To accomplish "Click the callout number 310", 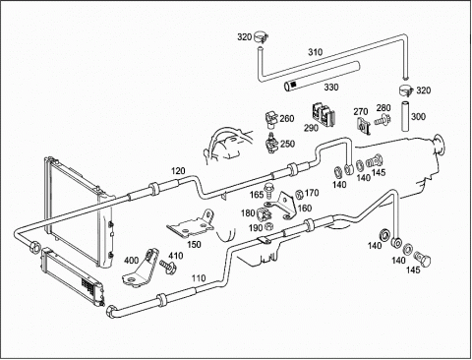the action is click(x=315, y=52).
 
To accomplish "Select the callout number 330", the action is click(x=331, y=88).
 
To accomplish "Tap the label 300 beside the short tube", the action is click(x=418, y=117).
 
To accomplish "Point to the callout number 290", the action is click(x=311, y=128).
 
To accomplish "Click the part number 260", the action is click(x=287, y=118).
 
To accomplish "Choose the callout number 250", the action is click(x=287, y=144).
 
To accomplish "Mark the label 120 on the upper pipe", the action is click(x=178, y=171).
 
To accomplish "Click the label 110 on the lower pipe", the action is click(x=199, y=278).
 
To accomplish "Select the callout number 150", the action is click(x=194, y=244).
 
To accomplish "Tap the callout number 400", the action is click(x=131, y=261).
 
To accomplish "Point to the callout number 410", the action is click(x=176, y=256).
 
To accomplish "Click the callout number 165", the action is click(x=257, y=195).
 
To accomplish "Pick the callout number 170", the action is click(x=312, y=193).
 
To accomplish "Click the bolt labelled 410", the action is click(x=168, y=266).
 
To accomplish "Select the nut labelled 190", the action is click(x=268, y=226).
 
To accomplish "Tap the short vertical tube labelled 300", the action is click(x=406, y=116).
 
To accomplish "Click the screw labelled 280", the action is click(x=382, y=120).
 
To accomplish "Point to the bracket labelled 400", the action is click(x=142, y=269).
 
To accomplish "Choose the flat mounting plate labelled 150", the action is click(x=192, y=224).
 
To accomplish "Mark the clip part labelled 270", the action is click(x=363, y=126).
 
